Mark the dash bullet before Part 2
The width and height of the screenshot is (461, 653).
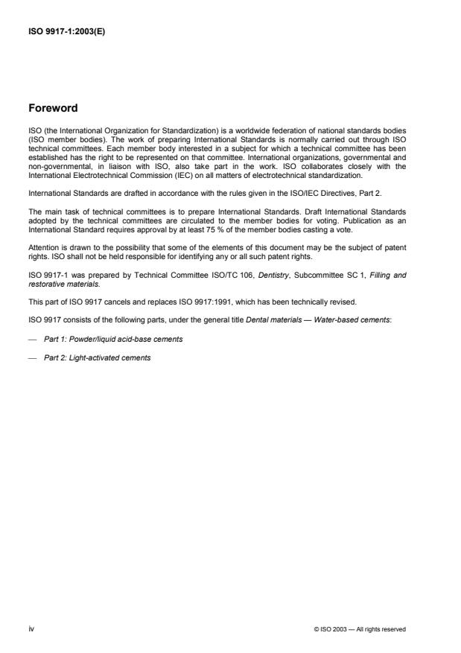pyautogui.click(x=34, y=357)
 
